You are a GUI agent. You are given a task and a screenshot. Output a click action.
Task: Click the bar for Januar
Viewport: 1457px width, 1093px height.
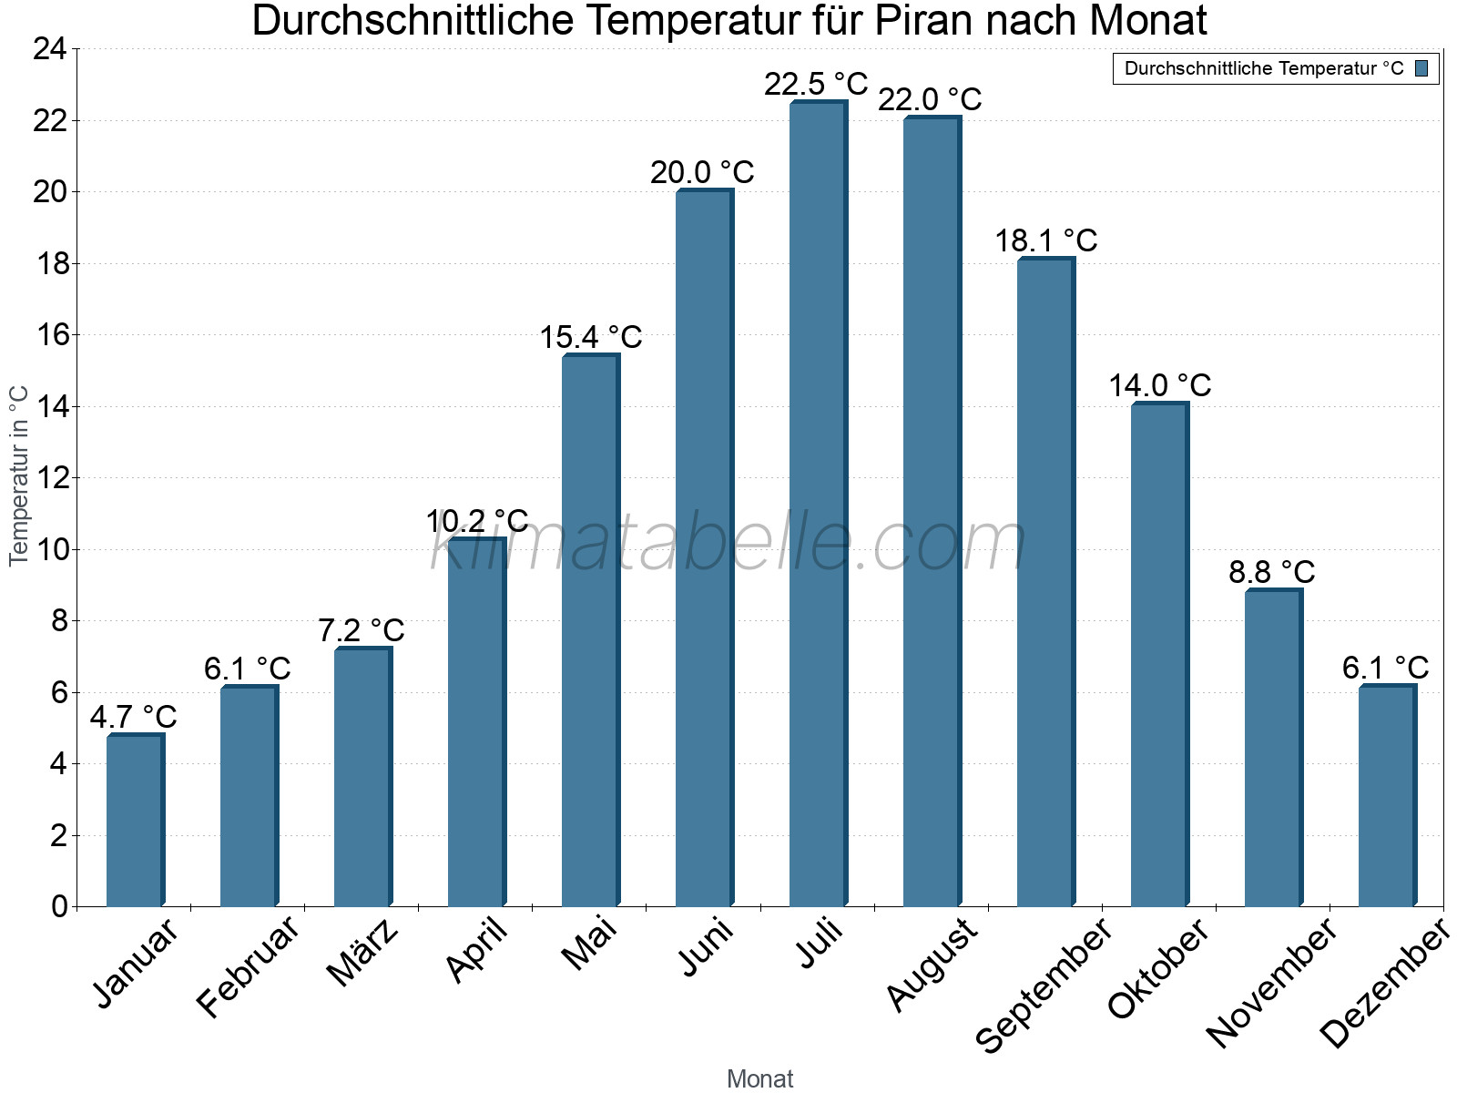coord(135,820)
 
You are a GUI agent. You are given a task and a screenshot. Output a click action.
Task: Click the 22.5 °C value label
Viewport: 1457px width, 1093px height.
coord(816,85)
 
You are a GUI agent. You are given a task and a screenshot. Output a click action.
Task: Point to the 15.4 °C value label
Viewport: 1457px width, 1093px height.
coord(591,338)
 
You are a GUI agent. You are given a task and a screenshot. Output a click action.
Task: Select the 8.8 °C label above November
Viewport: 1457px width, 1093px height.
coord(1271,573)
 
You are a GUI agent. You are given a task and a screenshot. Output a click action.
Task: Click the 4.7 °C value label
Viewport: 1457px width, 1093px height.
coord(133,717)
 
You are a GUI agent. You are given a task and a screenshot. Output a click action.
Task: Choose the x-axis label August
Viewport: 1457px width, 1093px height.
coord(932,965)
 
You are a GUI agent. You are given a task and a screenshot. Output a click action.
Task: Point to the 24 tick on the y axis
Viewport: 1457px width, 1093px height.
coord(50,49)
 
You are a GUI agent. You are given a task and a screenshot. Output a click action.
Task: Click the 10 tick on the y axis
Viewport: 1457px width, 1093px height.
coord(50,549)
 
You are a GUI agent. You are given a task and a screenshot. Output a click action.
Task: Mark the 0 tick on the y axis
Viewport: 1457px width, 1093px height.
coord(59,906)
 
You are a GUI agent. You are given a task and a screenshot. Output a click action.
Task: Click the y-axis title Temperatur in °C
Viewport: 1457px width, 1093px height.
coord(19,475)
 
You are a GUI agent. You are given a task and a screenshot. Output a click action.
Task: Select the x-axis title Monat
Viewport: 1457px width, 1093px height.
coord(759,1078)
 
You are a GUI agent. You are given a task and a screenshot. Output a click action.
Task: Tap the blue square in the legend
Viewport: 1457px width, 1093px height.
coord(1421,68)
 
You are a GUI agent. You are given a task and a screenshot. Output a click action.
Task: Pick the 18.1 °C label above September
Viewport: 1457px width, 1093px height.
coord(1045,241)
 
